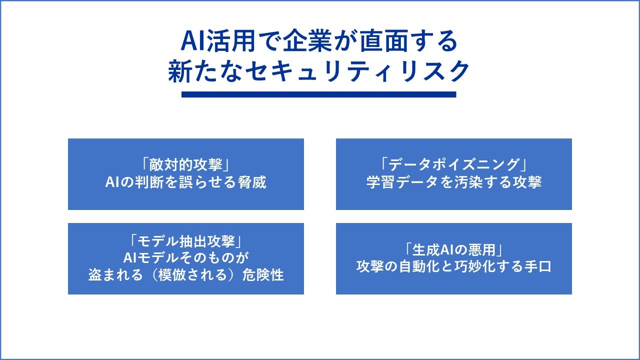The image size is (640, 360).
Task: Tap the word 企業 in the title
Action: tap(307, 41)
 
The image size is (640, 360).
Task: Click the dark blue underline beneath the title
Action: tap(318, 94)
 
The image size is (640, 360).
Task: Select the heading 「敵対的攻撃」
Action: tap(185, 165)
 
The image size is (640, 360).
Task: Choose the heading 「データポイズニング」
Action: tap(453, 165)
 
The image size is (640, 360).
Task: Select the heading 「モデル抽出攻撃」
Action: tap(185, 241)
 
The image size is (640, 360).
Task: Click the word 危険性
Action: tap(263, 275)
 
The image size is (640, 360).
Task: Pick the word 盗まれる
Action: tap(115, 275)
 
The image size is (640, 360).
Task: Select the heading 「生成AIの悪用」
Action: tap(453, 250)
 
